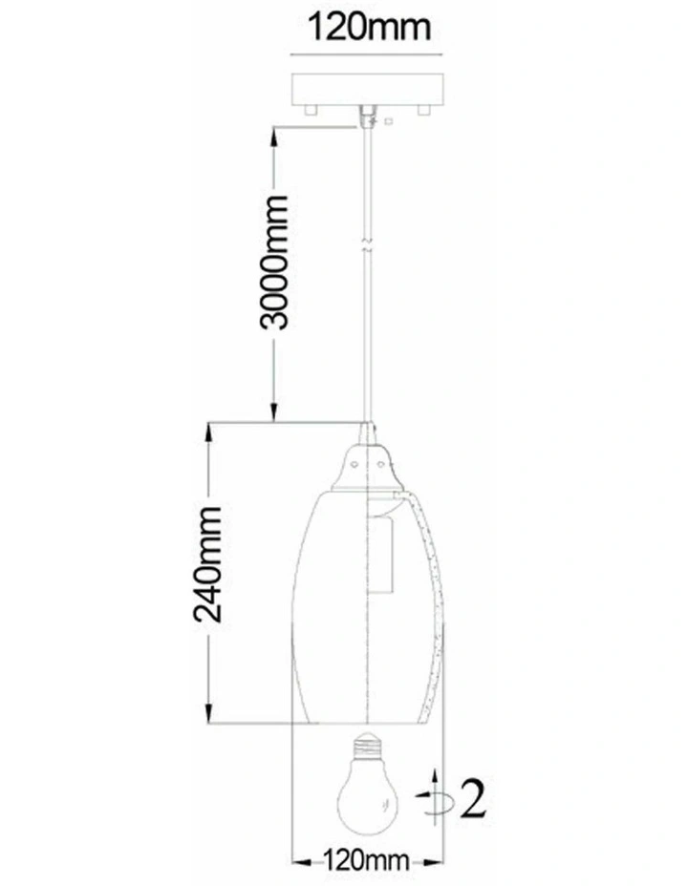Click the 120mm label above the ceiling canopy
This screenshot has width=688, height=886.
point(369,27)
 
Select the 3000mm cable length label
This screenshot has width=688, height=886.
point(274,263)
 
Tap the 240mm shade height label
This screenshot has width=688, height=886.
point(207,564)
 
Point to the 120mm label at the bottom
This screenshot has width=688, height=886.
point(366,861)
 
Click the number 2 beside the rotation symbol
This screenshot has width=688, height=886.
point(473,798)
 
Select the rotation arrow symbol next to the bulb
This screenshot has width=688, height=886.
point(434,796)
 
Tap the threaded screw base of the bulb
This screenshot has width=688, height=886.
point(368,747)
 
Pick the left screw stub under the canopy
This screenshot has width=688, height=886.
point(310,110)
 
